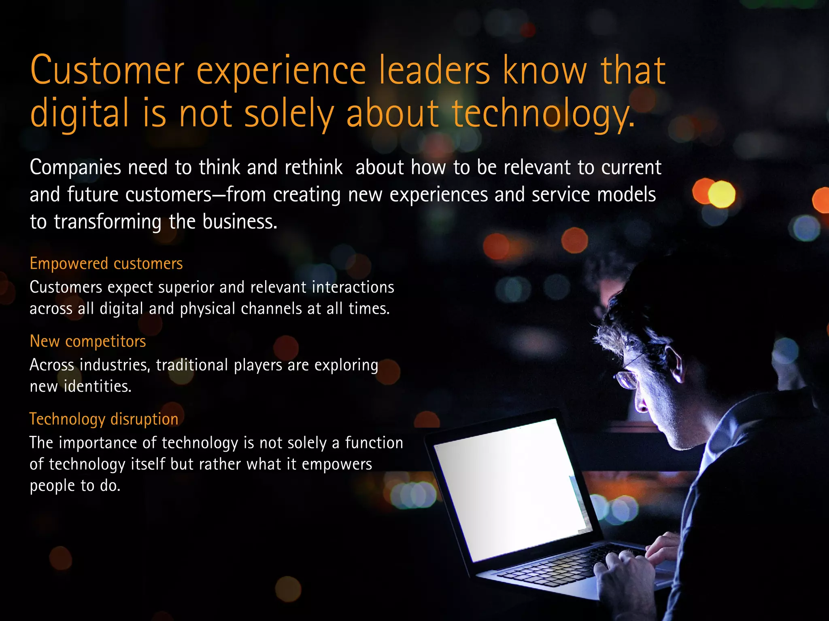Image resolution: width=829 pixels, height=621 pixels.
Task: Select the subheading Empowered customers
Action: tap(106, 264)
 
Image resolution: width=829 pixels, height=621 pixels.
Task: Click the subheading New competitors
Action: tap(88, 341)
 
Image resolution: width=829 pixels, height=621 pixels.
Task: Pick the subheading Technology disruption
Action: tap(104, 419)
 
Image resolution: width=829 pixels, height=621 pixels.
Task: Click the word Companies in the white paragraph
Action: tap(75, 168)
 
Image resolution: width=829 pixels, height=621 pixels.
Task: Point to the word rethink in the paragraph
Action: tap(313, 167)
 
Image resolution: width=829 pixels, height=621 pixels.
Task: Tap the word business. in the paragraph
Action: tap(240, 222)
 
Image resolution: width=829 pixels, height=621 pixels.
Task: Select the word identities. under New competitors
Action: tap(98, 387)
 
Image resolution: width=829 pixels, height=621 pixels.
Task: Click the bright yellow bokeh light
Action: tap(721, 194)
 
